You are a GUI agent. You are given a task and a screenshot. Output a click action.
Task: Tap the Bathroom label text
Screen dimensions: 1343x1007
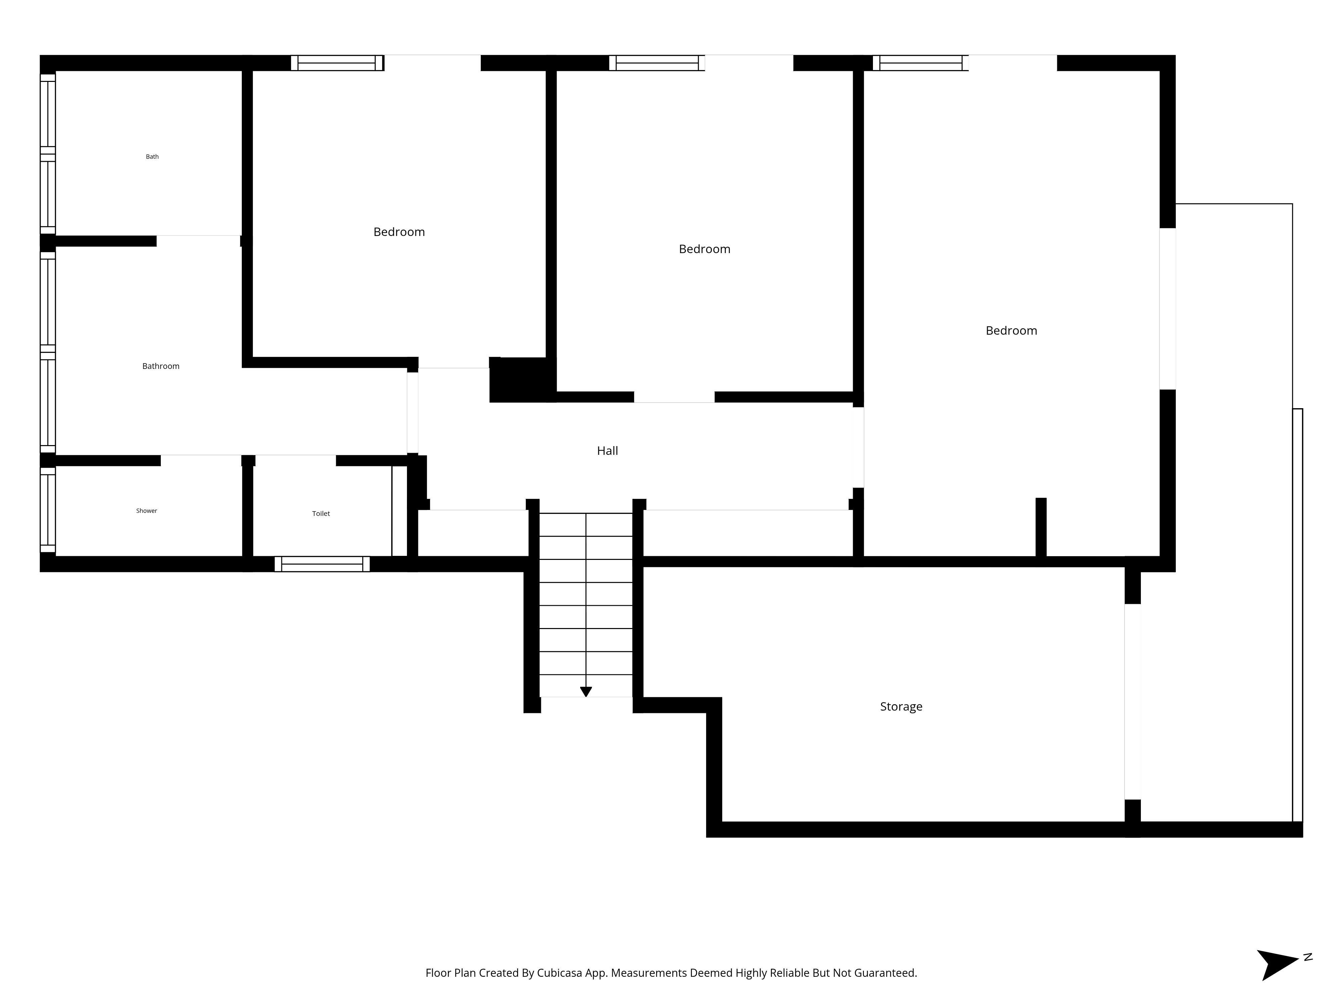[161, 366]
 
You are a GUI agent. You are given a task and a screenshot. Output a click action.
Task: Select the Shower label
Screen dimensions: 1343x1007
[146, 511]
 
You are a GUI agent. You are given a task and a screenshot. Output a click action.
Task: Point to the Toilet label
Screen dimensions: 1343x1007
[321, 514]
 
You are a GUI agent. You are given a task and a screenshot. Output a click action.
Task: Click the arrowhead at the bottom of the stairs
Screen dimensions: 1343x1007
[586, 691]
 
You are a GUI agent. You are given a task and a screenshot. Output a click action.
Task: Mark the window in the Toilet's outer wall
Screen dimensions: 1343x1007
[322, 564]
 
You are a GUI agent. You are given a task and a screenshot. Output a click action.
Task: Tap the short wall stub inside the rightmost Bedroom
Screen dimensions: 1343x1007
[1040, 527]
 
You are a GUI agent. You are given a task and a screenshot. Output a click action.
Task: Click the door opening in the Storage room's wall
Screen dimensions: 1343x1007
[1132, 702]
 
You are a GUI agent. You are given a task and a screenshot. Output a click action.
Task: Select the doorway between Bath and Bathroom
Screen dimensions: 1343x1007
[198, 240]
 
